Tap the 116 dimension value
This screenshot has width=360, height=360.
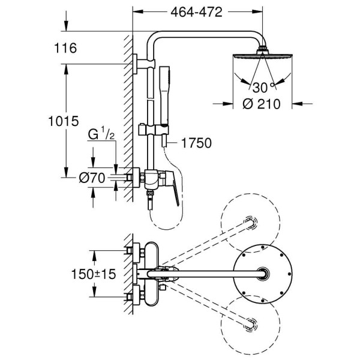click(65, 49)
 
